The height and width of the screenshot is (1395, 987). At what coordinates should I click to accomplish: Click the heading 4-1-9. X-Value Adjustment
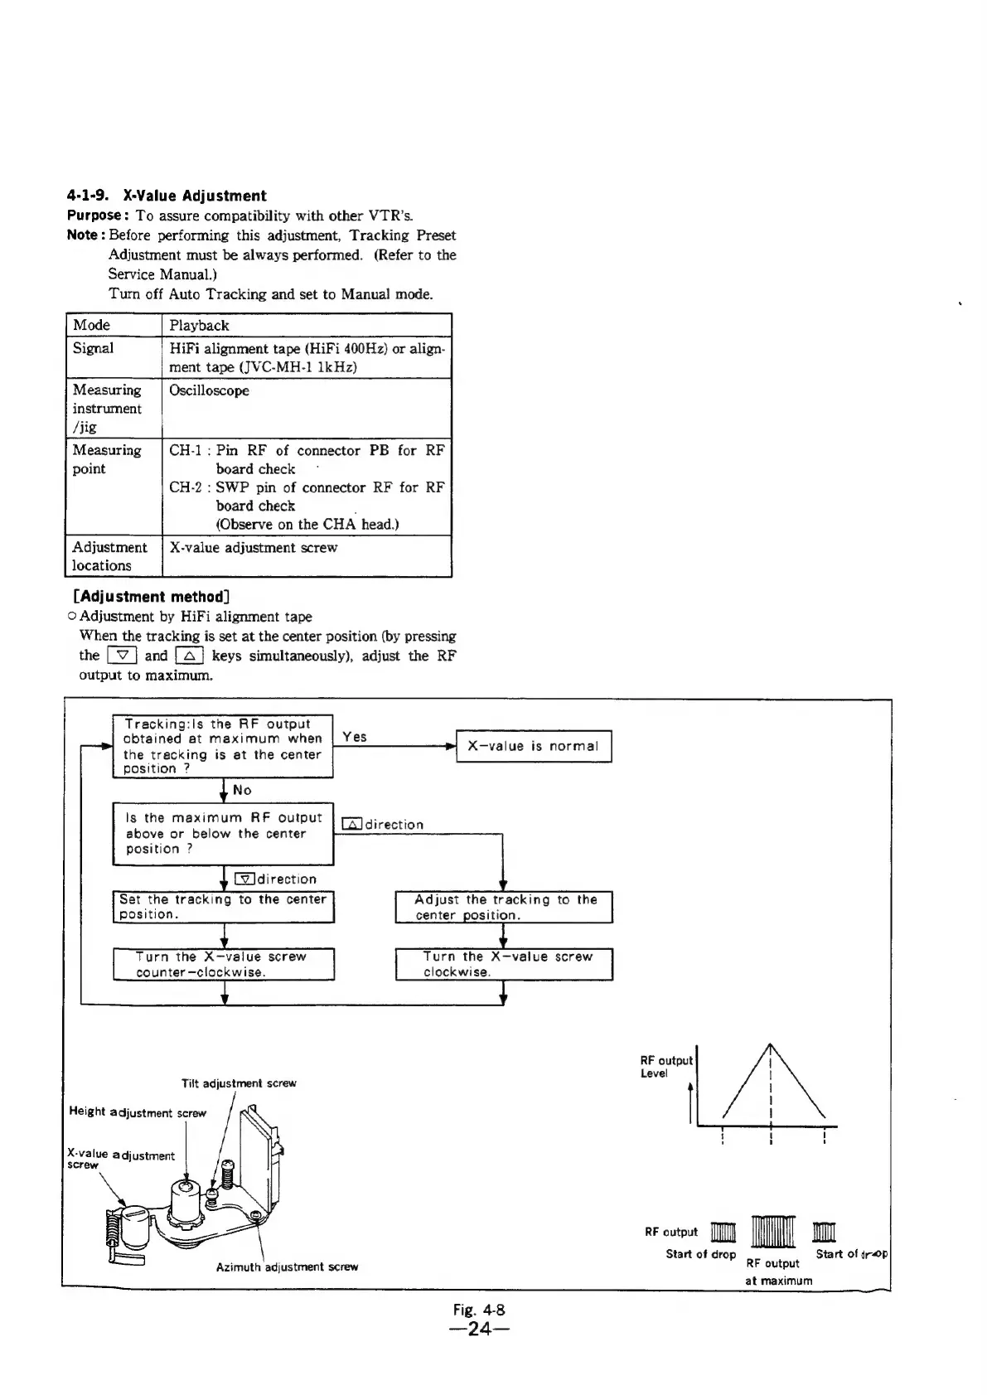pos(166,196)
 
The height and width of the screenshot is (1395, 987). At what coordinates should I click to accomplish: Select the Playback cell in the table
pos(199,326)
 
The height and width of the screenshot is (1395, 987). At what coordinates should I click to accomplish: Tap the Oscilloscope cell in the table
pos(209,390)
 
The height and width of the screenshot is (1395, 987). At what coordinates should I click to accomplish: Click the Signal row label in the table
pos(93,348)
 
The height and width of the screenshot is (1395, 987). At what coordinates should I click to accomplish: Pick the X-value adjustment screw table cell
pos(253,548)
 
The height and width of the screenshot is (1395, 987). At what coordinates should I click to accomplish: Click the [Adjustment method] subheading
pos(151,597)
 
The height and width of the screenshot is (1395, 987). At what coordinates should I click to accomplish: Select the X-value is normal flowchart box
pos(533,746)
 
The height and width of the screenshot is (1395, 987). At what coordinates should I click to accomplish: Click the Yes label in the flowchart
pos(354,737)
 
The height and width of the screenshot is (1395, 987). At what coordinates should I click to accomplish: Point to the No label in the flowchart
pos(242,791)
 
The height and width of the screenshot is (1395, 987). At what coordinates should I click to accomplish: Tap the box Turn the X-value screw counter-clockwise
pos(223,964)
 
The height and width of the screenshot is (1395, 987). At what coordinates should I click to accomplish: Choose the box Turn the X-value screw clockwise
pos(503,964)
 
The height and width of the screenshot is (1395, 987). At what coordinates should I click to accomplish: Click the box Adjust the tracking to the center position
pos(503,907)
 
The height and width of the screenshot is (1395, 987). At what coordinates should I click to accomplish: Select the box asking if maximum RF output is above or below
pos(223,833)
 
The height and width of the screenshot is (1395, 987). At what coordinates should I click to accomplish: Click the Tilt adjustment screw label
pos(239,1083)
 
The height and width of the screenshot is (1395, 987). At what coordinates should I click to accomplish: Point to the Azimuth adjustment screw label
pos(287,1267)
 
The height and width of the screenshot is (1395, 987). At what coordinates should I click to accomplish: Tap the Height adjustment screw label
pos(138,1113)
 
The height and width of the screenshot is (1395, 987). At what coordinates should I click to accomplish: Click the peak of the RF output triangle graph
pos(771,1043)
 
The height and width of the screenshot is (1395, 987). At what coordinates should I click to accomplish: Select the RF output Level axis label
pos(665,1067)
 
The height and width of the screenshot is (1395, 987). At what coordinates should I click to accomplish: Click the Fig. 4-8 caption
pos(479,1310)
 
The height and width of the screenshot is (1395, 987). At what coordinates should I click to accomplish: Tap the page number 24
pos(479,1330)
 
